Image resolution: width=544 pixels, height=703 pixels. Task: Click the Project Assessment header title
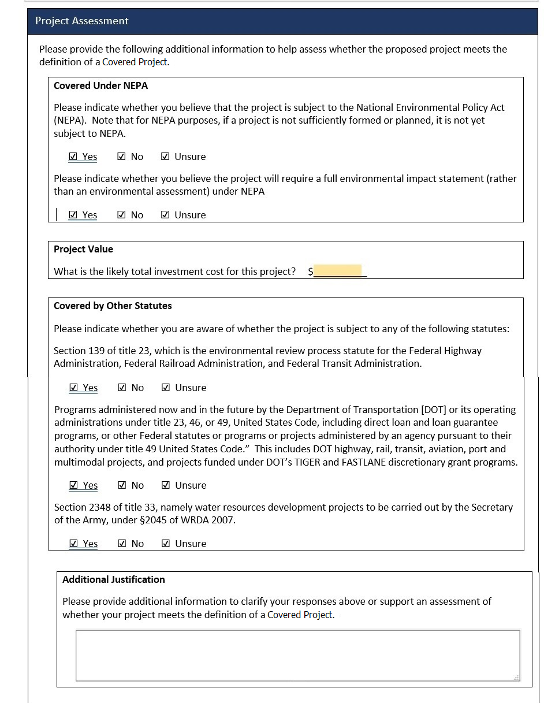tap(81, 21)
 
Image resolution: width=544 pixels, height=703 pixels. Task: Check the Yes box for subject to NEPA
tap(73, 157)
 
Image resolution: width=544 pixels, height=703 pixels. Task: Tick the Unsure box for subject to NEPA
tap(165, 157)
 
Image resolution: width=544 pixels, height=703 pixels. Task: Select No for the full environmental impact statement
tap(121, 215)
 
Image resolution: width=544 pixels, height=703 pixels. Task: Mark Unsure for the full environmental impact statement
tap(165, 215)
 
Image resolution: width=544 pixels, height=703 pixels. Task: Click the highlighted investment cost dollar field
tap(338, 271)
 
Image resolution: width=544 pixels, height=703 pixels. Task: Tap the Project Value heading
tap(83, 249)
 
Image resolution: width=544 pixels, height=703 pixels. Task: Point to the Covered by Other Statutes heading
tap(113, 306)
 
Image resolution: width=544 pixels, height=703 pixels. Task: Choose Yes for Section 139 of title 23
tap(73, 388)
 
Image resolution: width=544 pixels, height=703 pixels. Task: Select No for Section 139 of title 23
tap(122, 388)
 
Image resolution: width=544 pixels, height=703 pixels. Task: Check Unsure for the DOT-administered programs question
tap(166, 485)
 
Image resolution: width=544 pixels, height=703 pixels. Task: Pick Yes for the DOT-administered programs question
tap(73, 485)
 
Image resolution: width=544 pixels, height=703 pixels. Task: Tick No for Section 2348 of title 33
tap(122, 544)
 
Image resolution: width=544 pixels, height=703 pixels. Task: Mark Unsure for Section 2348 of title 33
tap(166, 544)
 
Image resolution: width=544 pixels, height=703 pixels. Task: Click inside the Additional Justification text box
tap(297, 655)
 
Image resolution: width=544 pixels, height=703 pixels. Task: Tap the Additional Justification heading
tap(113, 579)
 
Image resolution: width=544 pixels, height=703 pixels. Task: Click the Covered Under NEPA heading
tap(100, 85)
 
